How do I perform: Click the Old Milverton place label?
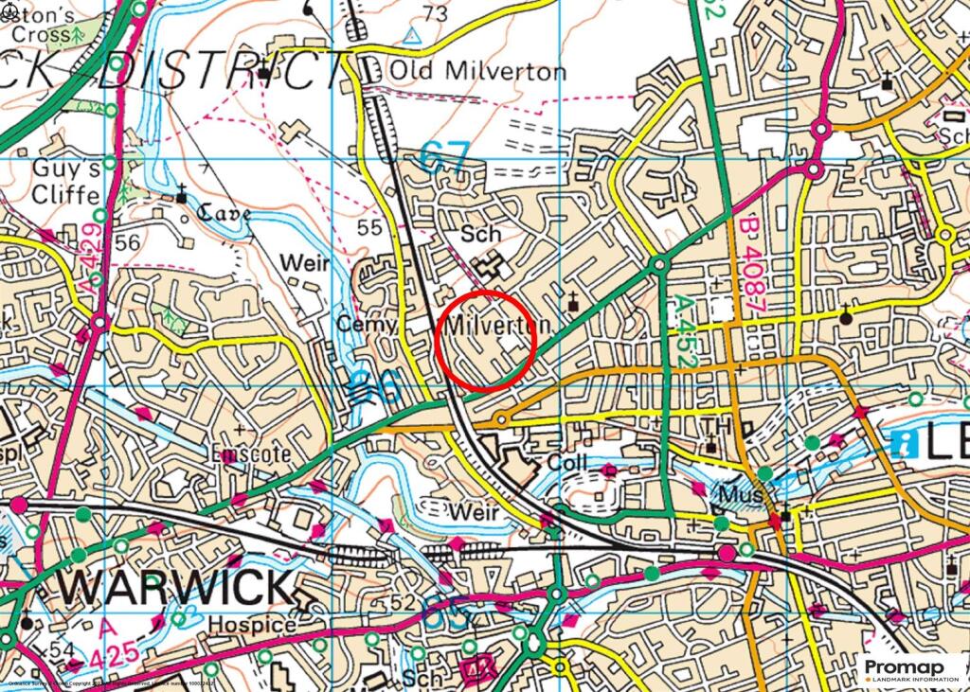click(x=478, y=72)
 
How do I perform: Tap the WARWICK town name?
click(x=174, y=587)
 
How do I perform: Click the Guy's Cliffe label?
click(x=66, y=183)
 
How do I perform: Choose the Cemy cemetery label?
click(x=367, y=325)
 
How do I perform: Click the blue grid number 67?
click(x=444, y=156)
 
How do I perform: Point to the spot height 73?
click(x=436, y=13)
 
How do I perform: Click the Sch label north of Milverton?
click(x=479, y=234)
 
